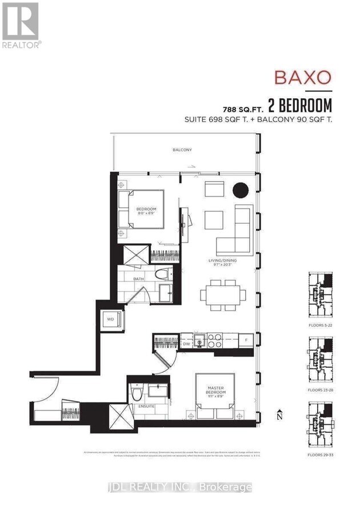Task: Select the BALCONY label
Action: click(182, 150)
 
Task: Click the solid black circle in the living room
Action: click(240, 190)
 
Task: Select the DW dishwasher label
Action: click(186, 344)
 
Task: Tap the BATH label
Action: click(139, 279)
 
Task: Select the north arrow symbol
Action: click(279, 415)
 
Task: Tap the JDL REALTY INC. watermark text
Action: click(180, 487)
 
